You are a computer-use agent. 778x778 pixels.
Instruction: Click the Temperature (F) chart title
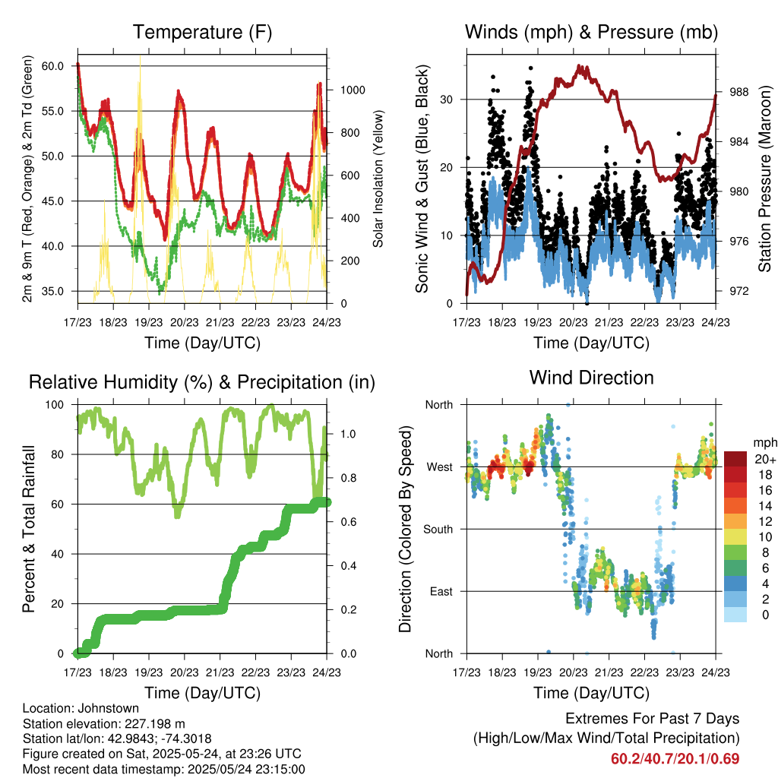tap(202, 33)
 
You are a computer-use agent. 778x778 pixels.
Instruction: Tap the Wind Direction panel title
tap(591, 378)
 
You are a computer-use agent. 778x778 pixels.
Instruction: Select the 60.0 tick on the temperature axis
tap(52, 66)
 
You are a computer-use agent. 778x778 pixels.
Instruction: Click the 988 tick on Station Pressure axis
tap(738, 92)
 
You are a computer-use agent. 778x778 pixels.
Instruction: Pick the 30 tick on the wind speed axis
tap(449, 100)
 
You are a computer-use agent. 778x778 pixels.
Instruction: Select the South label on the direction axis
tap(438, 529)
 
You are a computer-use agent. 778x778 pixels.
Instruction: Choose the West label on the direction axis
tap(440, 466)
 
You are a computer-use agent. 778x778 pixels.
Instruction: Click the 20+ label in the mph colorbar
tap(765, 459)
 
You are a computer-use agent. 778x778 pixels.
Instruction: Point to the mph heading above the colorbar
tap(764, 442)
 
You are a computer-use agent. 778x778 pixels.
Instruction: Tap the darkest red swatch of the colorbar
tap(736, 459)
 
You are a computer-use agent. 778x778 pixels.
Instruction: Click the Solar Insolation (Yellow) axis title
tap(378, 179)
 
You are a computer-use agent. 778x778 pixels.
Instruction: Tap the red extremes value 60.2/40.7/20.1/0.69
tap(675, 759)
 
